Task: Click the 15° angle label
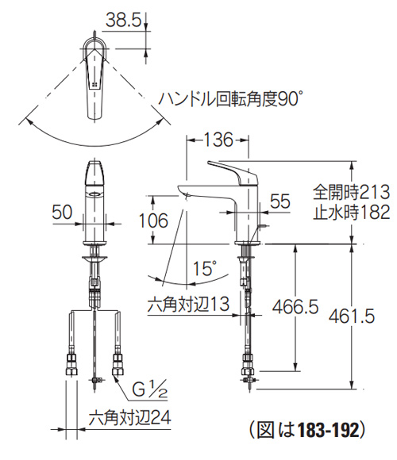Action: pyautogui.click(x=204, y=270)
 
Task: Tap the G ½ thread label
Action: pyautogui.click(x=149, y=389)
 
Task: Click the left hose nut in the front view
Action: pyautogui.click(x=69, y=366)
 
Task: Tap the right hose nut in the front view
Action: pyautogui.click(x=119, y=366)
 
